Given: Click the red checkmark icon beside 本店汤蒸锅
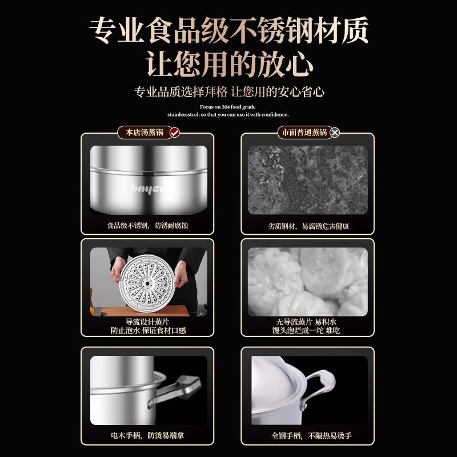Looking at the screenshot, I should click(x=175, y=133).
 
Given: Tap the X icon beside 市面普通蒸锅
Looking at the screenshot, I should click(x=335, y=133).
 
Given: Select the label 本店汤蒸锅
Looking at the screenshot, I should click(x=144, y=133).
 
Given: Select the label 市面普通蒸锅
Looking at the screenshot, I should click(x=303, y=133).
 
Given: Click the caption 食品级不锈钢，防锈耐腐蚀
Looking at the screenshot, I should click(x=148, y=226).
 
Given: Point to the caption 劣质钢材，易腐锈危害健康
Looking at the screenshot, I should click(x=309, y=226).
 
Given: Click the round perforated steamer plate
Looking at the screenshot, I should click(x=149, y=281).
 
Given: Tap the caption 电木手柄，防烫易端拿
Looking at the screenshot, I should click(x=147, y=435).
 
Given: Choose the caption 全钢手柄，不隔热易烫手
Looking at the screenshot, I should click(x=309, y=435).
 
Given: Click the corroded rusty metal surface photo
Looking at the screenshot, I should click(x=308, y=180).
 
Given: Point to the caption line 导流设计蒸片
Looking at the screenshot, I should click(x=148, y=322).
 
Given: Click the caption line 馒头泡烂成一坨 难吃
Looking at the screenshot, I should click(x=308, y=330).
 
